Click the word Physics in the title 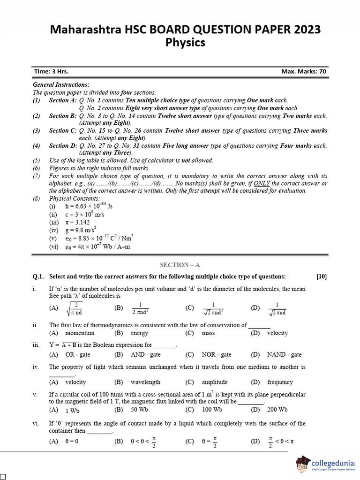click(185, 43)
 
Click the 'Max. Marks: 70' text click(304, 71)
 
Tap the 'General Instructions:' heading click(61, 85)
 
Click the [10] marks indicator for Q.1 click(322, 277)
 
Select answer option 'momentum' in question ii click(80, 333)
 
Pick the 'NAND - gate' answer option click(284, 355)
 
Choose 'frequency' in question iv click(280, 382)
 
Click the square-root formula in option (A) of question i click(75, 308)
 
